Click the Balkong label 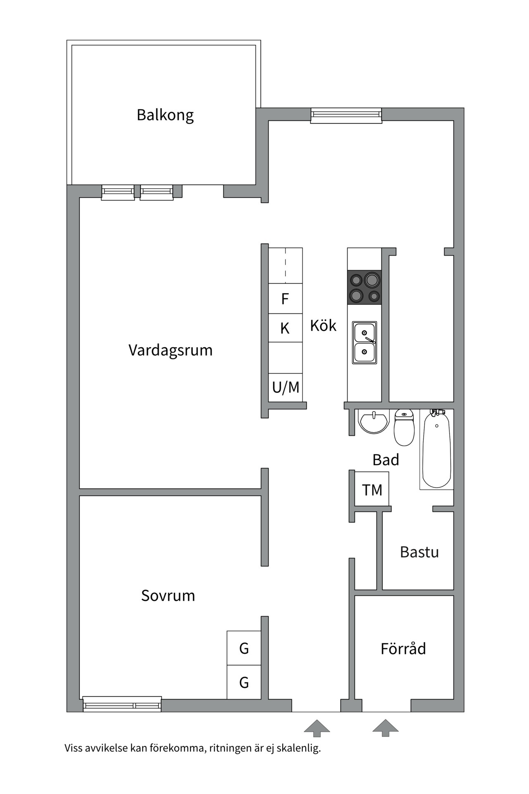click(165, 115)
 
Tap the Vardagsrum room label click(170, 350)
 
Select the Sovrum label click(168, 595)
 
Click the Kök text click(323, 326)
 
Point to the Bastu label click(419, 552)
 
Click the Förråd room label click(403, 648)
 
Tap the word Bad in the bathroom click(386, 460)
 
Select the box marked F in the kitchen click(285, 299)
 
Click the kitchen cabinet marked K click(285, 328)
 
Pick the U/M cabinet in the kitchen click(286, 387)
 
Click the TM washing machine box click(372, 490)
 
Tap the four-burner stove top click(364, 287)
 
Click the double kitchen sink click(364, 343)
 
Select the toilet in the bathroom click(404, 428)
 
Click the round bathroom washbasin click(374, 422)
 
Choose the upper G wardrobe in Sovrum click(244, 648)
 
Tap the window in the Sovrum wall click(122, 704)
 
